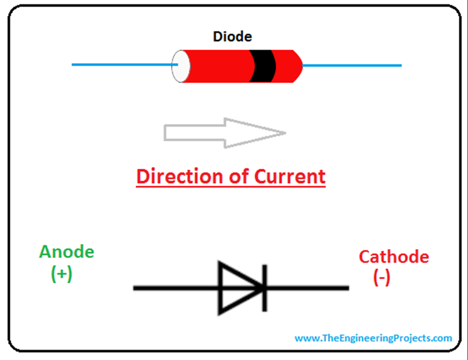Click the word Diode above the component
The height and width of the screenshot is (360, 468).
[232, 37]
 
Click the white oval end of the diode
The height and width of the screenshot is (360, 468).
[181, 66]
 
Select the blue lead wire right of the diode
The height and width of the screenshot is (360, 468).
[352, 65]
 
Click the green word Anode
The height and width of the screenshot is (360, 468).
[67, 252]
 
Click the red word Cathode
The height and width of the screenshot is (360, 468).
[394, 257]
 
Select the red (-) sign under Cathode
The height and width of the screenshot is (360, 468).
[382, 278]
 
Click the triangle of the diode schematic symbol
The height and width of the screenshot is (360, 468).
[235, 288]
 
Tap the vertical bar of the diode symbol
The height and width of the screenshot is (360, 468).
[265, 288]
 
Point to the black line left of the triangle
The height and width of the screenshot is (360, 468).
[176, 288]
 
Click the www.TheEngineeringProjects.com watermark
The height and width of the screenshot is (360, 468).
[373, 339]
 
